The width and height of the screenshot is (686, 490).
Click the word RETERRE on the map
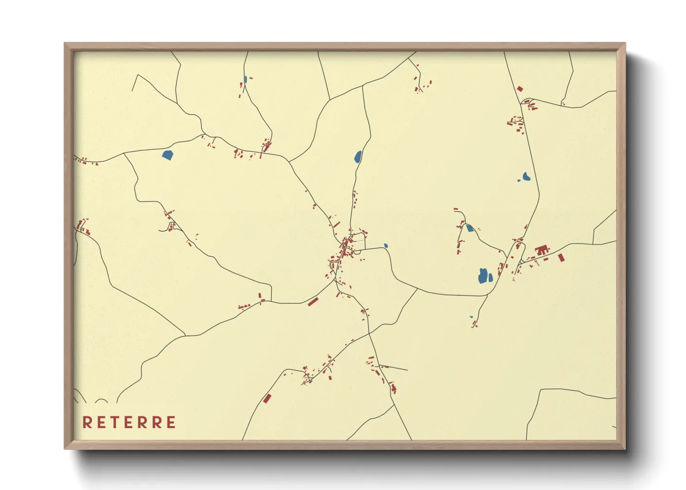point(129,422)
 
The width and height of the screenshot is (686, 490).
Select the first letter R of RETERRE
point(87,422)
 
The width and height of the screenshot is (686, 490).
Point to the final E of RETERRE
point(171,422)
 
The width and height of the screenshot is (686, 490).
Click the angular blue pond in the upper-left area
point(167,155)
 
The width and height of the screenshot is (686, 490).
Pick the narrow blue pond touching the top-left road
point(245,79)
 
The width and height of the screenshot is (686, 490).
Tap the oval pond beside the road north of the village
point(358,157)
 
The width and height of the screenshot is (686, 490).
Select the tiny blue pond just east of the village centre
point(386,246)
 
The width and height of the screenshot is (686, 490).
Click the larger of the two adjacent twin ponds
point(483,276)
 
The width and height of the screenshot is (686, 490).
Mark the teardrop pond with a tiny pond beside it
point(526,176)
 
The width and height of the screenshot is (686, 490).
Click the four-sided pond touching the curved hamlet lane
point(470,228)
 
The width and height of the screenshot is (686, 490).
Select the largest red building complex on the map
point(541,251)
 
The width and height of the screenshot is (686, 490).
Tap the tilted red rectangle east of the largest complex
point(561,257)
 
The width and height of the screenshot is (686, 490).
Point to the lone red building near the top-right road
point(520,88)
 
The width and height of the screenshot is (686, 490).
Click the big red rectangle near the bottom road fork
point(267,398)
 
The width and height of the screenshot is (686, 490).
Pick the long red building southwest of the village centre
point(313,302)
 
